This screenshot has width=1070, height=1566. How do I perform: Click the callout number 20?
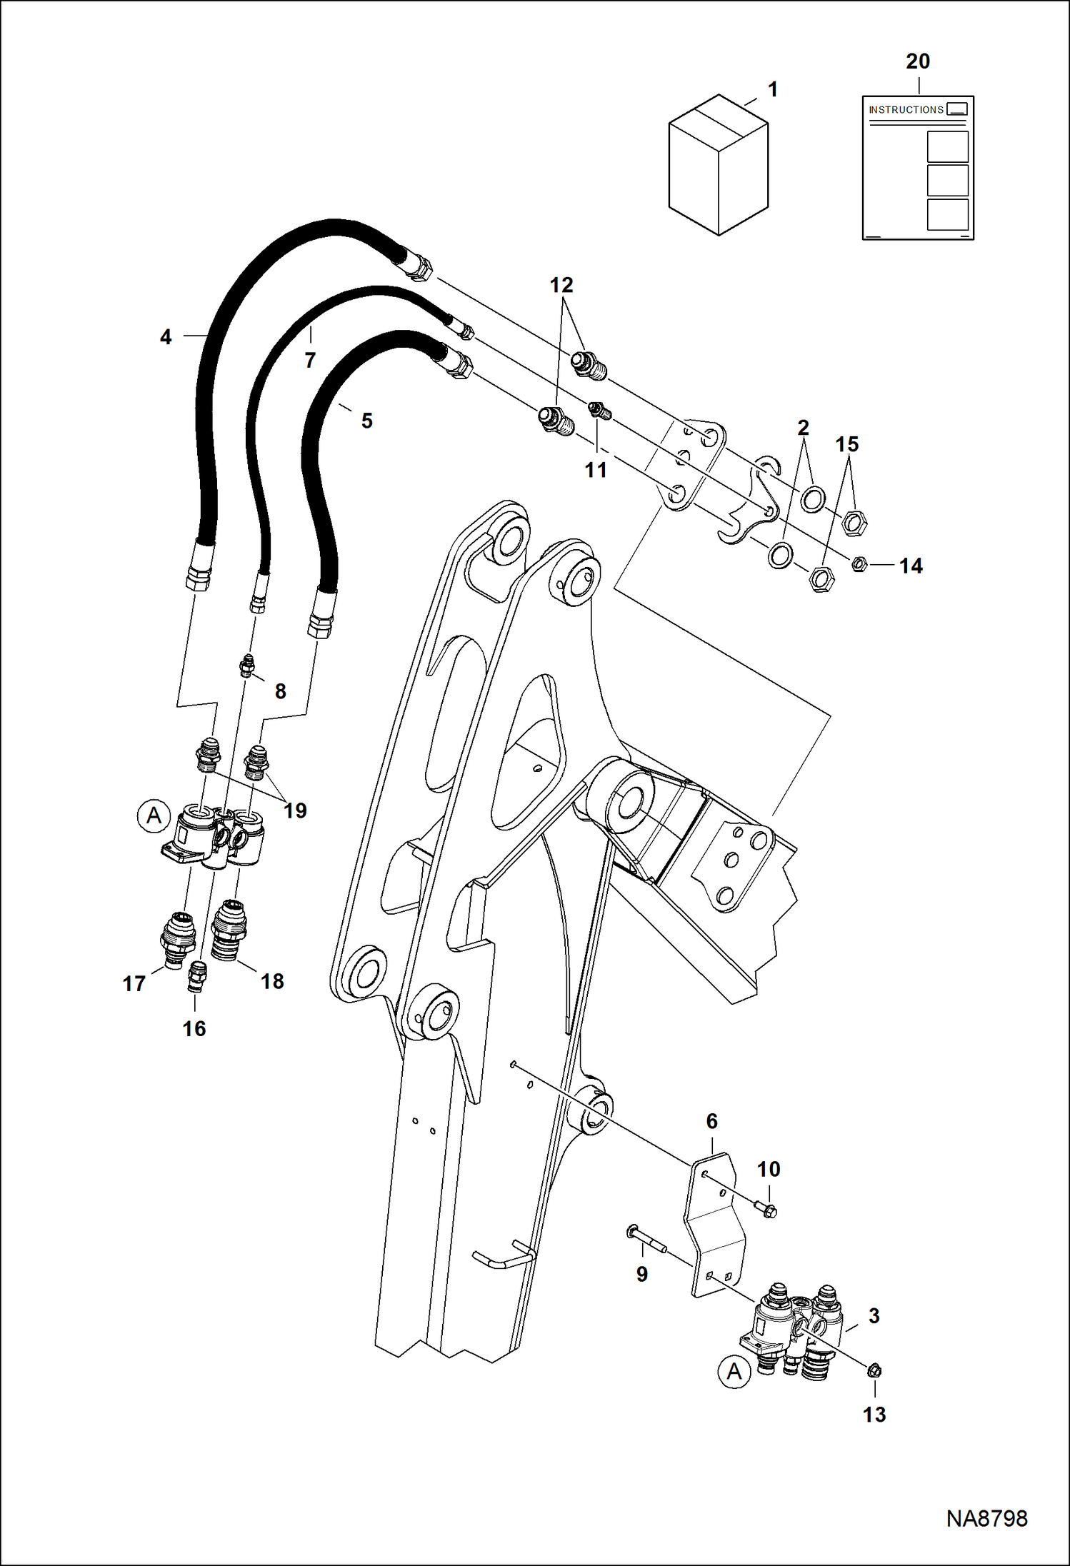coord(918,62)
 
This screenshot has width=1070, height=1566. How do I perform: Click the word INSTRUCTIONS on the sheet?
coord(906,110)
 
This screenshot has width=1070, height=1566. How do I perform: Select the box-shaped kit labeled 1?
coord(718,165)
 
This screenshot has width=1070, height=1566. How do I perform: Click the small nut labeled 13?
coord(874,1371)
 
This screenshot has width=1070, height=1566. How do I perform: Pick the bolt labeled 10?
coord(768,1210)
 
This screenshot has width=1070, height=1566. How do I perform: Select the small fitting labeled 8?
coord(247,665)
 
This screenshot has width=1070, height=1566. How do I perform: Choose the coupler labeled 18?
coord(229,928)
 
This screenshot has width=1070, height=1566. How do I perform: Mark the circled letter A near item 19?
coord(154,815)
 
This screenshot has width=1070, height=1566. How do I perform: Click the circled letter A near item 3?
coord(734,1372)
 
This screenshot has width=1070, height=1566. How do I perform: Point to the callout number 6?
coord(711,1121)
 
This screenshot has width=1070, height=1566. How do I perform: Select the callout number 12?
coord(561,285)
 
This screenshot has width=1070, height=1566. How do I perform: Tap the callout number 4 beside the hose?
coord(166,337)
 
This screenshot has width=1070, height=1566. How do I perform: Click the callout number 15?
coord(846,444)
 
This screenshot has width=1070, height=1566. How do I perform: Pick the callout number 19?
coord(294,810)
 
